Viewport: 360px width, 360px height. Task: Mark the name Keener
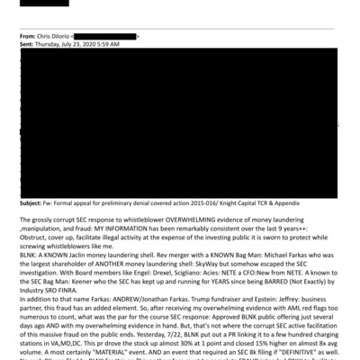click(x=77, y=288)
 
